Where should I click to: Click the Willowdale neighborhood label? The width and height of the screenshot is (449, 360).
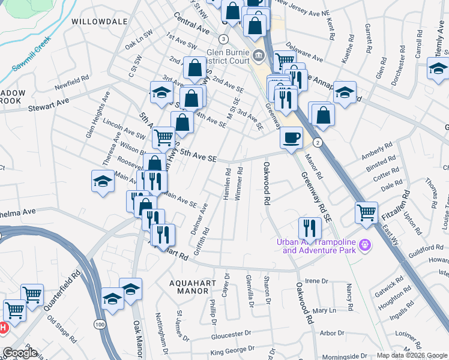[x=100, y=21]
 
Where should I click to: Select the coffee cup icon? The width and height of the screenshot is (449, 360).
[x=291, y=137]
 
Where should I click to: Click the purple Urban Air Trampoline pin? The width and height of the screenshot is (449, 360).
[x=364, y=244]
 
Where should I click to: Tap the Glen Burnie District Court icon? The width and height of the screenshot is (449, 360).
[x=259, y=56]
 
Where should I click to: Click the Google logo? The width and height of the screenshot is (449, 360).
[x=20, y=353]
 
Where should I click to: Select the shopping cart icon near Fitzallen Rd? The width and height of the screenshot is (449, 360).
[x=366, y=212]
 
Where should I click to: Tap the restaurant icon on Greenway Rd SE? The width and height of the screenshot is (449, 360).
[x=310, y=227]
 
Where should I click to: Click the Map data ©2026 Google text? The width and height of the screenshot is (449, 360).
[x=412, y=355]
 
